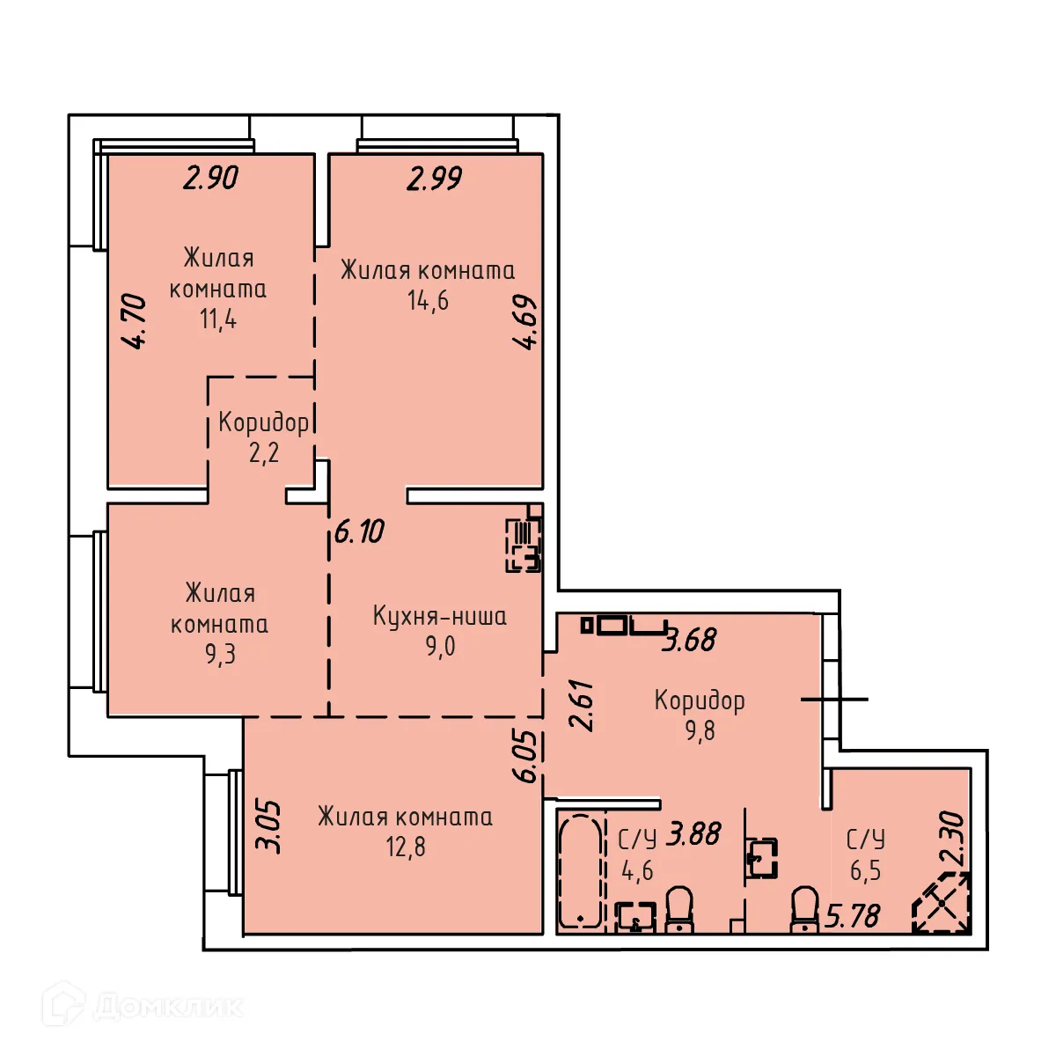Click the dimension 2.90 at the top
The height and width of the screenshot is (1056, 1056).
point(211,178)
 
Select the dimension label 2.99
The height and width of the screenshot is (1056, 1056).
point(435,179)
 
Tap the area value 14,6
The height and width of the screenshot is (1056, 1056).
point(428,300)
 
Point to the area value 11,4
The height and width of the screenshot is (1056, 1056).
point(217,318)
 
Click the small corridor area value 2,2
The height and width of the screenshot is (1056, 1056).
point(263,452)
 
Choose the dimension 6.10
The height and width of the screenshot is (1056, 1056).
point(359,532)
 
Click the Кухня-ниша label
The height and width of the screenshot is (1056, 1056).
point(439,615)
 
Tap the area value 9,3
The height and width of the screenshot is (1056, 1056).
point(220,654)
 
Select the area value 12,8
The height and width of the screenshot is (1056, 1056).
point(406,847)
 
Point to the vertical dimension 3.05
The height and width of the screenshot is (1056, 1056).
point(268,826)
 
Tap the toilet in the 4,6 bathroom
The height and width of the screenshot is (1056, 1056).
point(679,908)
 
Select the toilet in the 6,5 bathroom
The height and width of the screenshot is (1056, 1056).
point(805,908)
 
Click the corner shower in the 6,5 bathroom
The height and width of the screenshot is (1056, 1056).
point(942,903)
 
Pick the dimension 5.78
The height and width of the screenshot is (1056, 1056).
point(853,916)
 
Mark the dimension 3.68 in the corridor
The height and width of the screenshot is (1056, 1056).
point(690,640)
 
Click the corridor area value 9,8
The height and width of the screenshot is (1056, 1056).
point(700,730)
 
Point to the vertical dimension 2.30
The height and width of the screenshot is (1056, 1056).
point(953,838)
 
